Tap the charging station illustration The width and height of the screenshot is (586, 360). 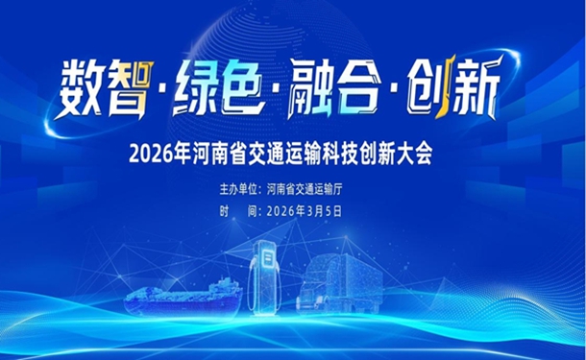(x=263, y=278)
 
